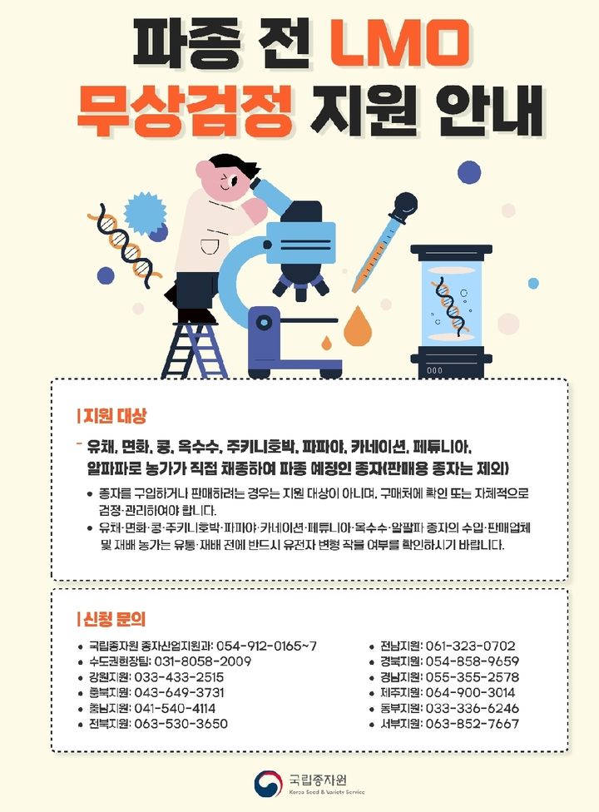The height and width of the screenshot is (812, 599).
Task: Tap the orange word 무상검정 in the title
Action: [x=184, y=111]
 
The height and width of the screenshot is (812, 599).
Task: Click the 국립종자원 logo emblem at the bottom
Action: [x=268, y=783]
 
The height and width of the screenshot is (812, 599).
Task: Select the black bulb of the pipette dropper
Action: [x=405, y=203]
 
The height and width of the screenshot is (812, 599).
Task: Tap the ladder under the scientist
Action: [x=196, y=349]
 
